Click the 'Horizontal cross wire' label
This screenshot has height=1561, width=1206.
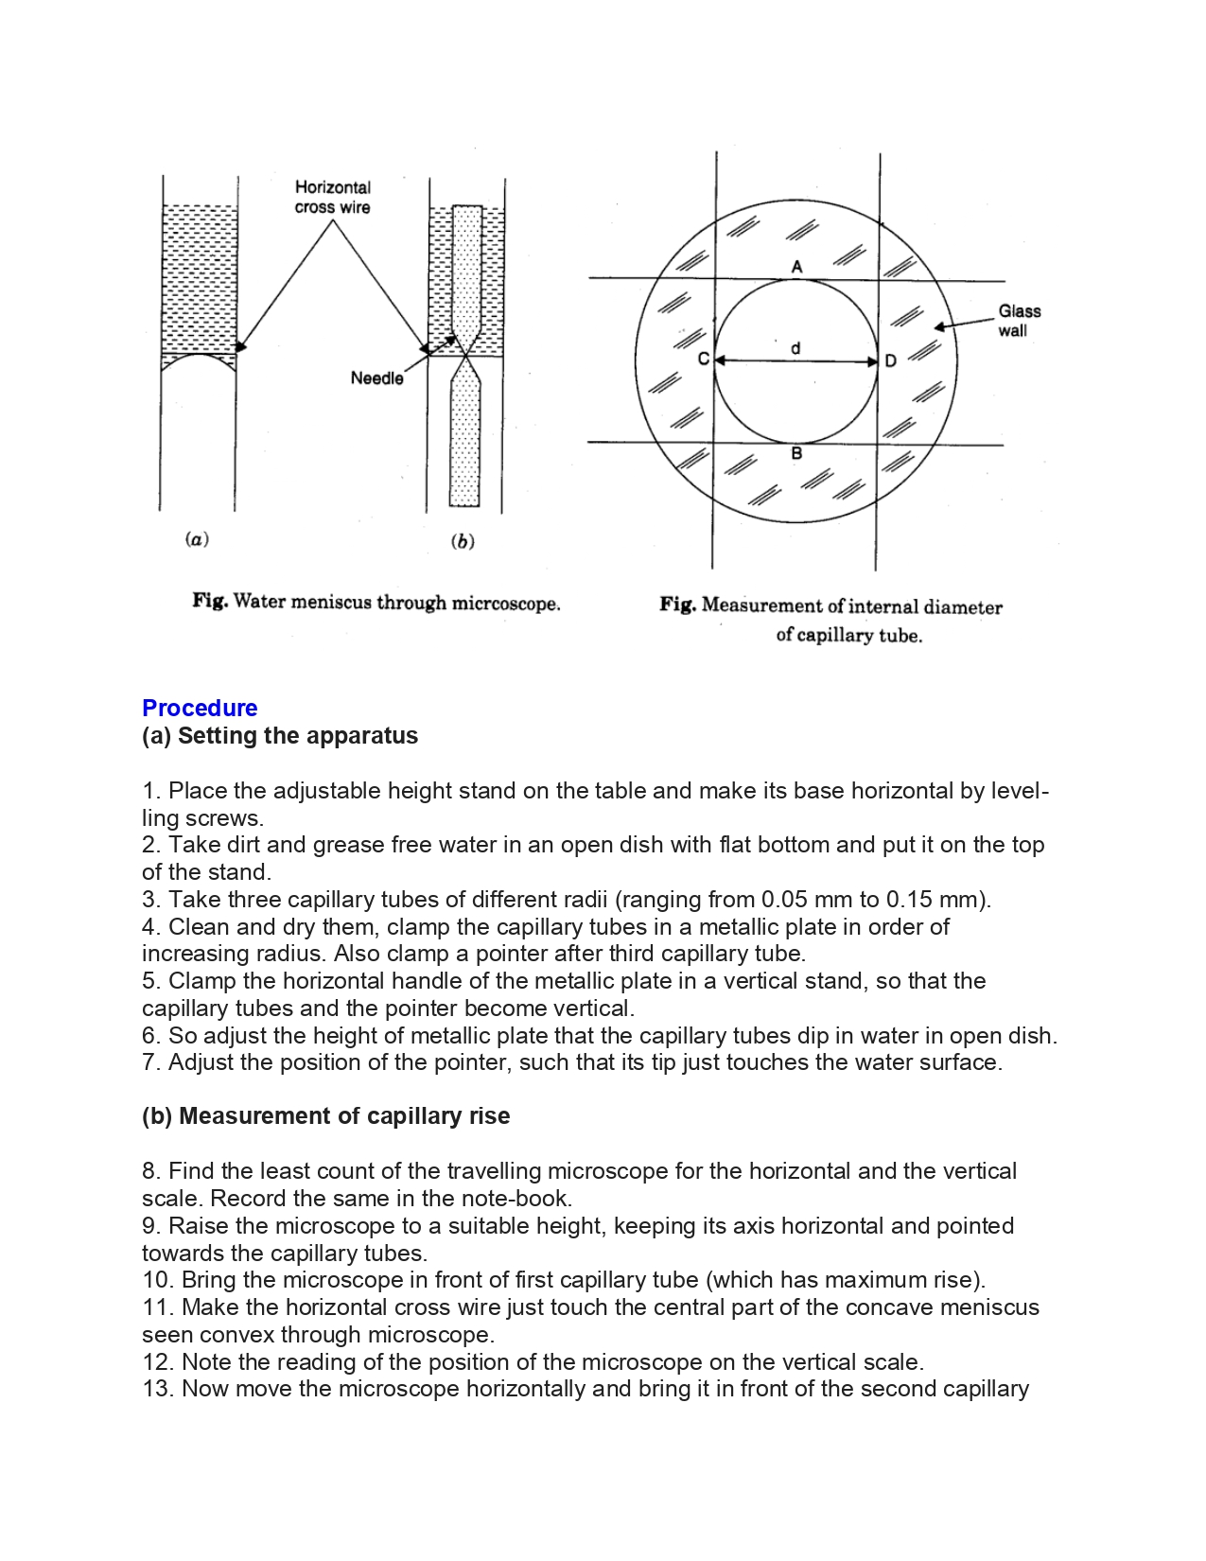coord(332,197)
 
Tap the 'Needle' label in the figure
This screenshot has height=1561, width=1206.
coord(376,378)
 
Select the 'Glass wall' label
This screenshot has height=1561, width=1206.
coord(1019,321)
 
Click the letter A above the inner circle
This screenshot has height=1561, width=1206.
coord(796,267)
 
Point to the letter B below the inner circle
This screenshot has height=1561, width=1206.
coord(796,454)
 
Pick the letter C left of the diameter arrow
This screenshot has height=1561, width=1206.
coord(703,360)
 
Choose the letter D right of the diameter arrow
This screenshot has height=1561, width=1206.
coord(891,361)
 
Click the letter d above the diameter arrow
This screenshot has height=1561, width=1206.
coord(795,348)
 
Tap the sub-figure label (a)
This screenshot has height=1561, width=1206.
coord(197,539)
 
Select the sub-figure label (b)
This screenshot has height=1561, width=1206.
coord(463,541)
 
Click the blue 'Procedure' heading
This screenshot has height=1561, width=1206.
coord(200,708)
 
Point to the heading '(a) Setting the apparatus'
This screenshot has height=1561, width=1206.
coord(280,735)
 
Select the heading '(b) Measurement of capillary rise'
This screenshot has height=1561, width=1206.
coord(325,1115)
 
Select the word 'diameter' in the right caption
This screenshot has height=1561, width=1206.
coord(963,606)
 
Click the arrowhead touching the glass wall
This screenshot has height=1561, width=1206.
coord(939,327)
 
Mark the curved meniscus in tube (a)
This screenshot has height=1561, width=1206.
coord(198,357)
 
